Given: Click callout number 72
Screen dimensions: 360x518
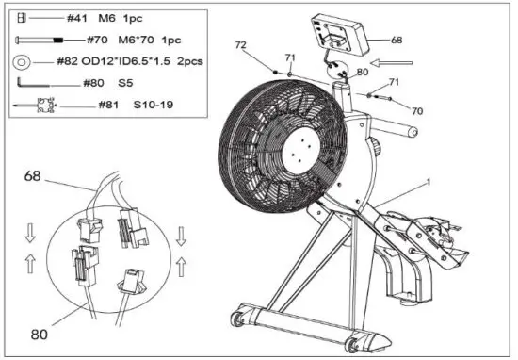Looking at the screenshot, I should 241,46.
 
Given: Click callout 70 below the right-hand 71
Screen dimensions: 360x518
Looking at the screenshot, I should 416,110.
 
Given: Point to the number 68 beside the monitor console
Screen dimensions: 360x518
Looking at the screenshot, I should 396,41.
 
